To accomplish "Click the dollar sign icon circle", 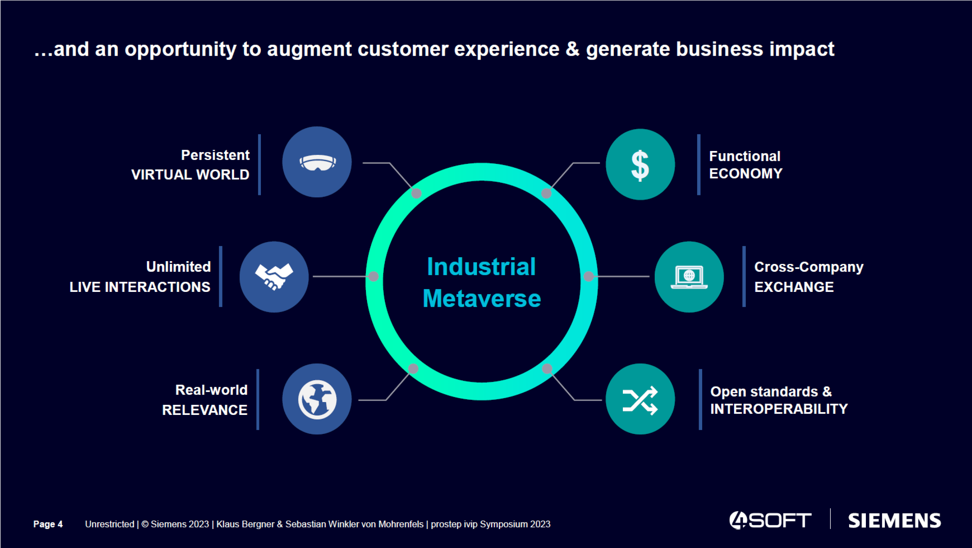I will pos(640,164).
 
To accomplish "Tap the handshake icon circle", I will pos(274,277).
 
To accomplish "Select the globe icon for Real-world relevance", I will pos(317,399).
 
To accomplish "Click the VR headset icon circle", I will pos(317,162).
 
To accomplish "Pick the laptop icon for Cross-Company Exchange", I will pos(689,277).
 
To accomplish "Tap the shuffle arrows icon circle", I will pos(640,399).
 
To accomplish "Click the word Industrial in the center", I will pos(481,267).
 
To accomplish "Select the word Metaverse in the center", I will pos(481,299).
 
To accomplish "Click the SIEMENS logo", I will pos(894,521).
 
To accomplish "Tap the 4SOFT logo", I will pos(770,520).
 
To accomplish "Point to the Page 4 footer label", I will pos(48,524).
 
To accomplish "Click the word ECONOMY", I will pos(745,174).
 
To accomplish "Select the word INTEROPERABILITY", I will pos(779,409).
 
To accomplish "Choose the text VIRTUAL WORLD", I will pos(190,175).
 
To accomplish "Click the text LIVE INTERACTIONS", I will pos(140,287).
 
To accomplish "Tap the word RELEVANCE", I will pos(205,410).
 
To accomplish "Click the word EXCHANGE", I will pos(794,287).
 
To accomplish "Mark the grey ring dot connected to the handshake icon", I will pos(373,276).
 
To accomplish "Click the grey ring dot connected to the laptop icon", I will pos(589,276).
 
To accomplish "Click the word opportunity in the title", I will pos(180,49).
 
